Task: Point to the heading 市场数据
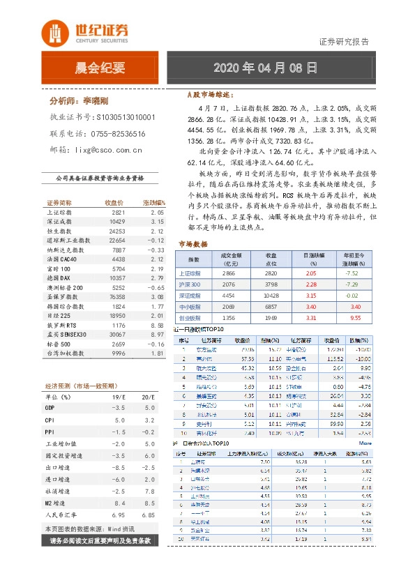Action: coord(193,244)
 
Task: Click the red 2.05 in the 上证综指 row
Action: coord(310,274)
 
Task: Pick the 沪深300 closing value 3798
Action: coord(271,284)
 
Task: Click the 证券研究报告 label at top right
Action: coord(344,41)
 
